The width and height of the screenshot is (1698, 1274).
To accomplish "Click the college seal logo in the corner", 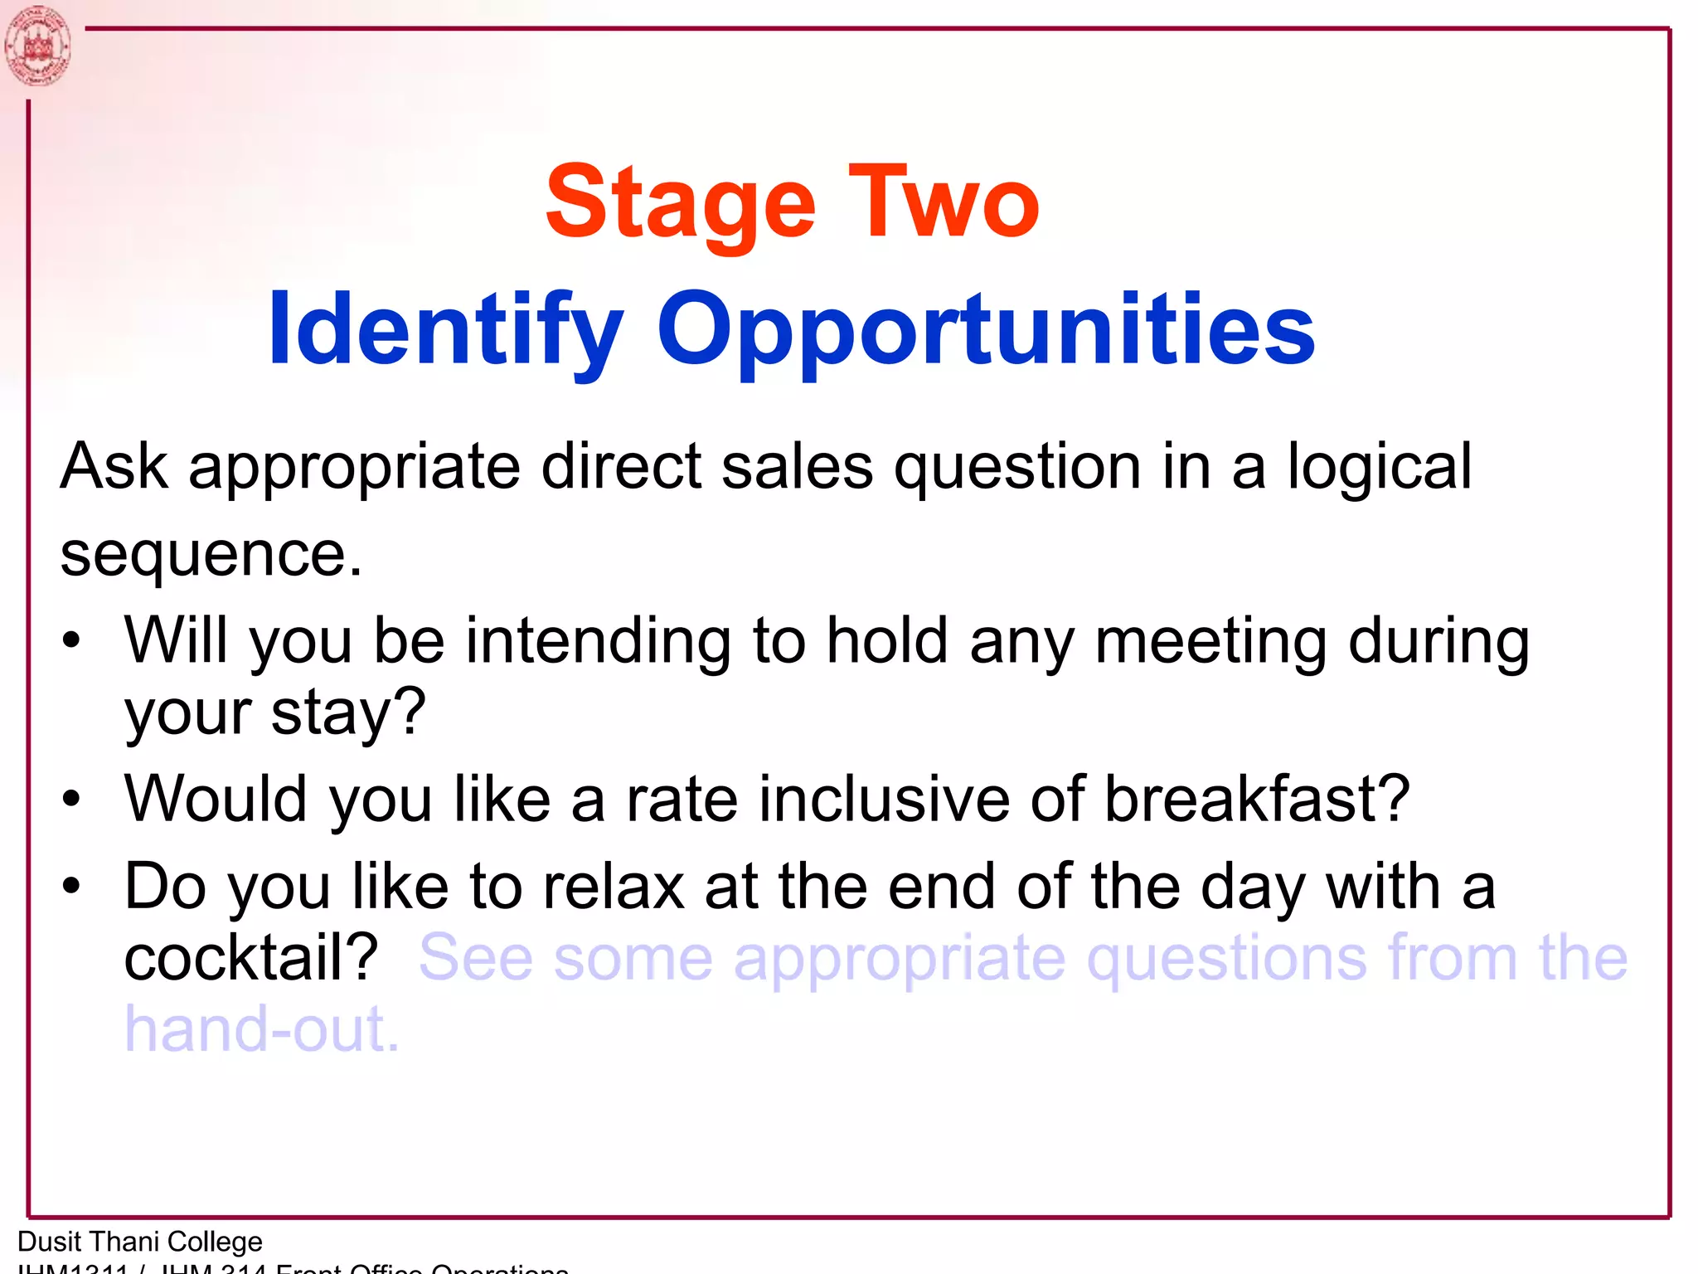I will coord(36,46).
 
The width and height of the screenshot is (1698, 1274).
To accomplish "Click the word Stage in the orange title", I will coord(680,204).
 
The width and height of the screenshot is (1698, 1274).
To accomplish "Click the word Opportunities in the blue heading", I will coord(986,330).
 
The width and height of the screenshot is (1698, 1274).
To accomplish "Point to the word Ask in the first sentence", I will coord(114,466).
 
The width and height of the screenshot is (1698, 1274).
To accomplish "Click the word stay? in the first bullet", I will coord(348,712).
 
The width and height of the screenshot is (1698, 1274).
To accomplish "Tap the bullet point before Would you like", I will coord(72,800).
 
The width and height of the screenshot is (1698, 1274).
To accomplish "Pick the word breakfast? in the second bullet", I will coord(1257,800).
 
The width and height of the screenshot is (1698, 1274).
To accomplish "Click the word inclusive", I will coord(884,800).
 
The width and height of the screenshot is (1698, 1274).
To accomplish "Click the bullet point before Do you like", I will coord(72,887).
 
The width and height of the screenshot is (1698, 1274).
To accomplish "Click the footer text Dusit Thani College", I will coord(140,1242).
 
